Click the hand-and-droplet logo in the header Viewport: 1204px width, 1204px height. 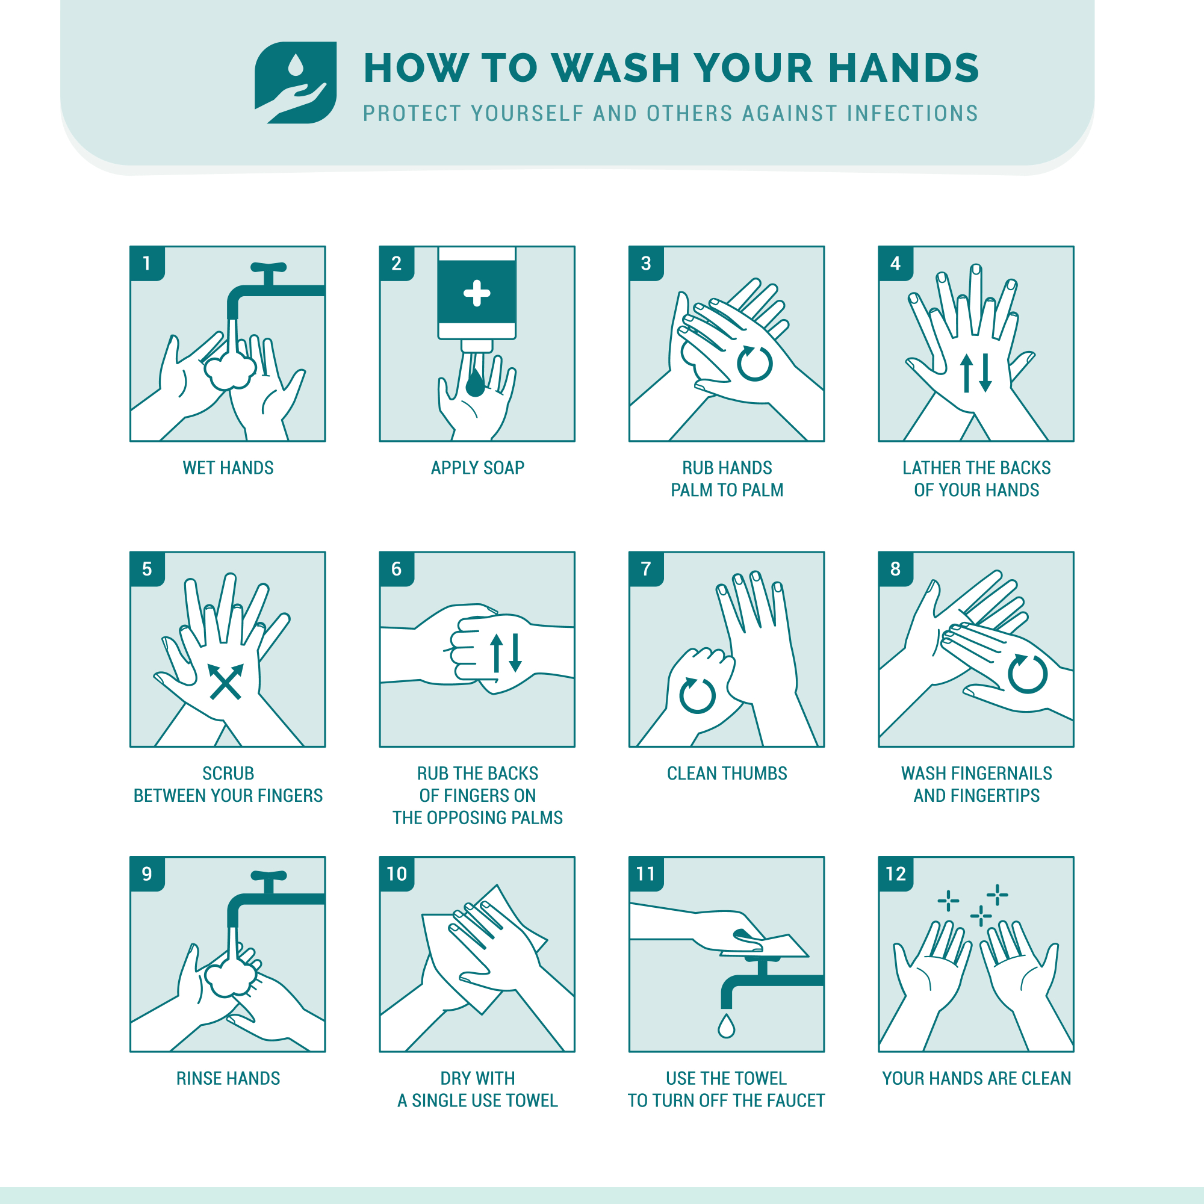[x=296, y=82]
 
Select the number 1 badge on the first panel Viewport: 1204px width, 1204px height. [x=147, y=264]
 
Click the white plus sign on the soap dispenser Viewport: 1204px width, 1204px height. [x=477, y=294]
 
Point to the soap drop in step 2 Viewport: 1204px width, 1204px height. [x=476, y=383]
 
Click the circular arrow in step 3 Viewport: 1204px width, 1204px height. [x=755, y=364]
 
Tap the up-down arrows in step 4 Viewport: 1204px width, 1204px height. [x=976, y=373]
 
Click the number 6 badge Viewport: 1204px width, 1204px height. [x=396, y=569]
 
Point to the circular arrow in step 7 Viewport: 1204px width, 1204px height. [x=697, y=695]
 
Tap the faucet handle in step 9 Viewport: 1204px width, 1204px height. [x=268, y=875]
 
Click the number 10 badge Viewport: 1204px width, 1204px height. [x=397, y=874]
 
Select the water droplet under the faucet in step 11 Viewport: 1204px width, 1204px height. [x=726, y=1026]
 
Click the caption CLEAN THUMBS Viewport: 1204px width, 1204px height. [x=727, y=774]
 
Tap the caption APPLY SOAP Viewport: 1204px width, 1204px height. [x=477, y=468]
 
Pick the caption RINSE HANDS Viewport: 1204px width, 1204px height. [x=228, y=1079]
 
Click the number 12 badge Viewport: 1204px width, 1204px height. [x=896, y=874]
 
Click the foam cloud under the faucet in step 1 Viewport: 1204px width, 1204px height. [x=230, y=371]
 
